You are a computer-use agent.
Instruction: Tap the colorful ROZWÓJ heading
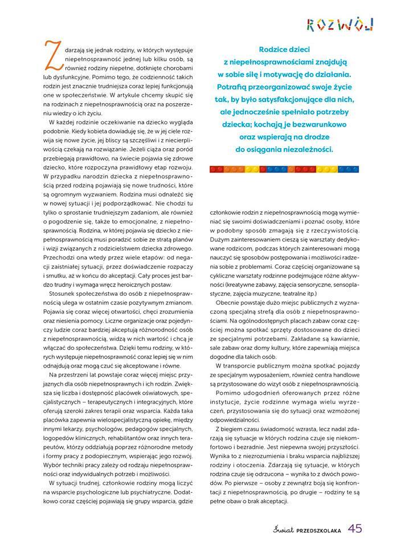[x=339, y=24]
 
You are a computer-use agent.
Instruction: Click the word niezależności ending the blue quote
[x=319, y=150]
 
